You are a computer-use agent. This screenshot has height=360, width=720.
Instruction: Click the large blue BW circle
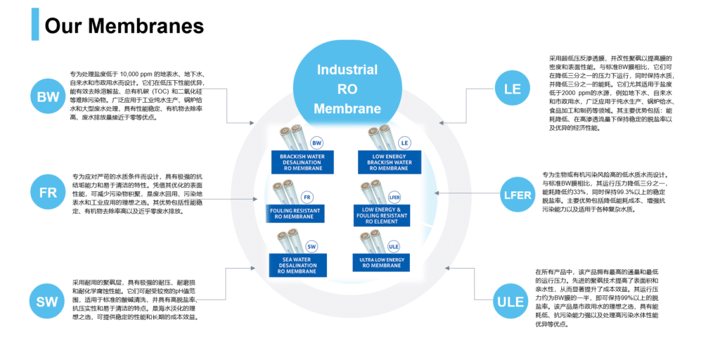(x=49, y=97)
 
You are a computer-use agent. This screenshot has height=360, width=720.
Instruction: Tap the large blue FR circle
(x=49, y=191)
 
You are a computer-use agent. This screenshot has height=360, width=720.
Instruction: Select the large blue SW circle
(x=48, y=302)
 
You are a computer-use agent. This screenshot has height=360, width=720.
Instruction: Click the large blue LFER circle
(x=517, y=195)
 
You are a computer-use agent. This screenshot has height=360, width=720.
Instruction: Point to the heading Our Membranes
(x=124, y=26)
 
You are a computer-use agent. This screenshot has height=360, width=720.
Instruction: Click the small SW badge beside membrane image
(x=312, y=247)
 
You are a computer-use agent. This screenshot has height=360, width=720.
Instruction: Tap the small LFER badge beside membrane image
(x=394, y=197)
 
